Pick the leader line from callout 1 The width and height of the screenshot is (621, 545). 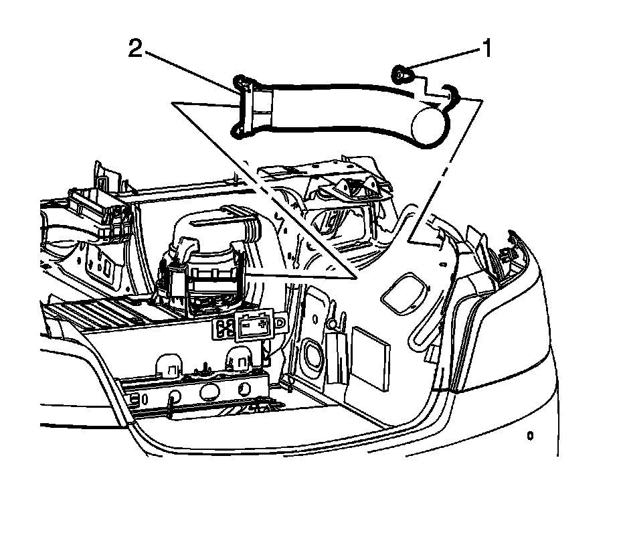pyautogui.click(x=442, y=60)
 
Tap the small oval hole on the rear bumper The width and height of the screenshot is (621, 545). pyautogui.click(x=530, y=437)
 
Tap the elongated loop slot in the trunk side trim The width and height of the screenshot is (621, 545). pyautogui.click(x=421, y=328)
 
